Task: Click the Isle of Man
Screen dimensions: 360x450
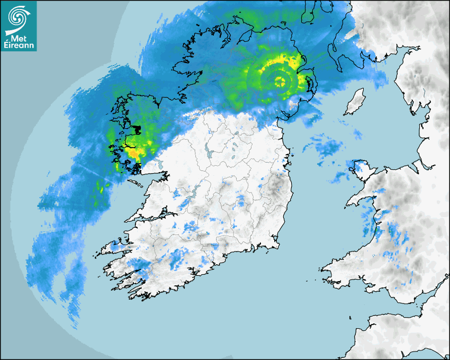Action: [x=355, y=102]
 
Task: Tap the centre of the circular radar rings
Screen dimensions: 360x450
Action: [x=279, y=81]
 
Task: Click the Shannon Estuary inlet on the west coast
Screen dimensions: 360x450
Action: [x=148, y=217]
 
